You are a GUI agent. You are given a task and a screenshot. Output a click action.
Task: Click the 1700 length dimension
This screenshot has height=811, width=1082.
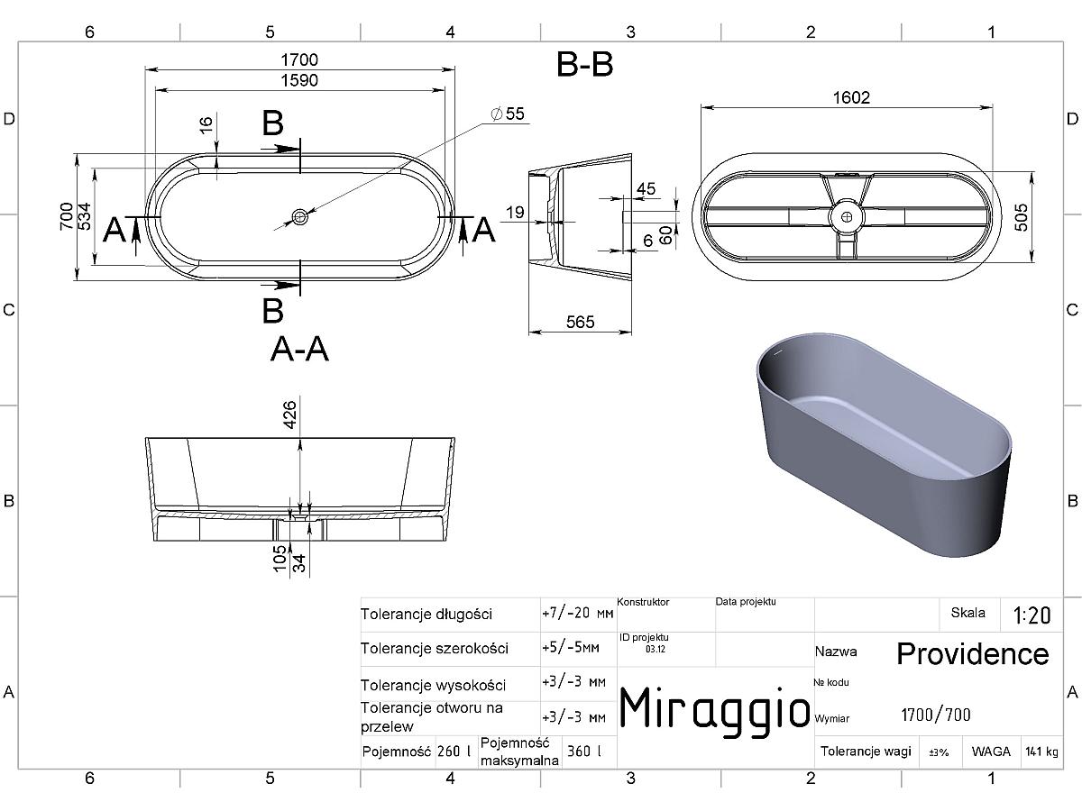[x=299, y=60]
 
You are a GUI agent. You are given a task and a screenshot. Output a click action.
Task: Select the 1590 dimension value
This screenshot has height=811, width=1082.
[x=299, y=80]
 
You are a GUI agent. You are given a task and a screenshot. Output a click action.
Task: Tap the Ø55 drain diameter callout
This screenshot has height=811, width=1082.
[x=508, y=114]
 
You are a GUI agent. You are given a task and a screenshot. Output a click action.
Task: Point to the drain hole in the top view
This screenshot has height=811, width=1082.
[x=299, y=216]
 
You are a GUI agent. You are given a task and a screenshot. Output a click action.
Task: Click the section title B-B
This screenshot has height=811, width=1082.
[x=584, y=65]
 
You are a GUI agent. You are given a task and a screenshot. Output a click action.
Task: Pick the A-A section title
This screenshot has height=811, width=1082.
[x=299, y=350]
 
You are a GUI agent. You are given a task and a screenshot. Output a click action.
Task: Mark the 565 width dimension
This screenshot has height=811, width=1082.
[x=580, y=322]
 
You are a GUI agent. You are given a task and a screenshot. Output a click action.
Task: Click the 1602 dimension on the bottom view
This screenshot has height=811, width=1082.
[x=851, y=97]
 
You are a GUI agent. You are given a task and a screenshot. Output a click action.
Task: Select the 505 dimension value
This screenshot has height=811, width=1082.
[x=1022, y=217]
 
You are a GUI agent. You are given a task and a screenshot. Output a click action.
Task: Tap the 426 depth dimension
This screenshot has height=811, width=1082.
[x=289, y=415]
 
